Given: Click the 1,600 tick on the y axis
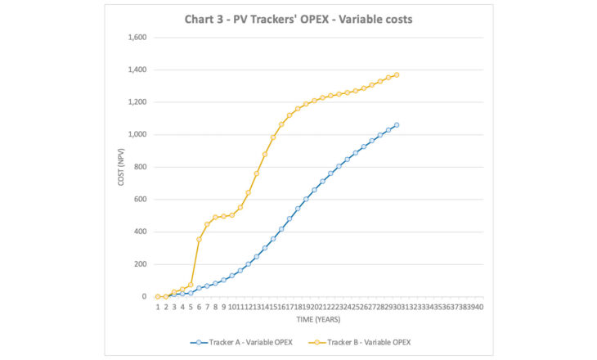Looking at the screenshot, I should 135,38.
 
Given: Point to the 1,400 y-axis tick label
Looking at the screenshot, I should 135,70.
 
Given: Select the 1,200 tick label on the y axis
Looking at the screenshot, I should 135,102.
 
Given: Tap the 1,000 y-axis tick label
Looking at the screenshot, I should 135,134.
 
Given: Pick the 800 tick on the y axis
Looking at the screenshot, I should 138,167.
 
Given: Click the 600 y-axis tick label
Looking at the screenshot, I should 138,199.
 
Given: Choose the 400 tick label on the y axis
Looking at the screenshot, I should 138,232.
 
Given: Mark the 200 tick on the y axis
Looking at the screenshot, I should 138,263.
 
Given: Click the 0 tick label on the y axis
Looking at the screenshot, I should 142,296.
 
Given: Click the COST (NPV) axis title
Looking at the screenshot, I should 120,167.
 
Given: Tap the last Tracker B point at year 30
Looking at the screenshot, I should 397,74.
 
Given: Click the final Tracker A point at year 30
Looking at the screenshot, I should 397,125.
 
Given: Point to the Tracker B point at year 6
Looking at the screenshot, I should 199,239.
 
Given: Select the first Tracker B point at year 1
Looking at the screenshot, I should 157,296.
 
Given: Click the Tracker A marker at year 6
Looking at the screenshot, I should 199,288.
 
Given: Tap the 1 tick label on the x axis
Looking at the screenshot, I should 157,307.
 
